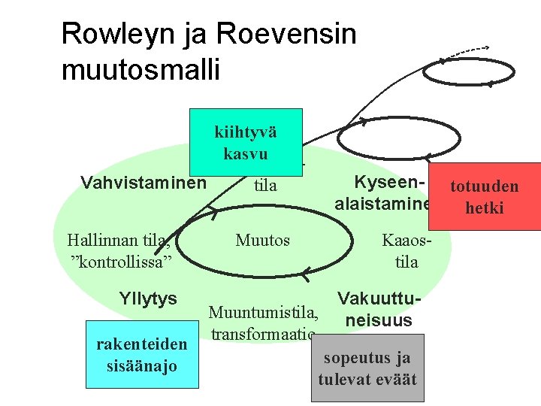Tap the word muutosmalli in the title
141,69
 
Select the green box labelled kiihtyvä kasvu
246,142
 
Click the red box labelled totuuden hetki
492,196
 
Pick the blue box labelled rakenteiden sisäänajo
142,354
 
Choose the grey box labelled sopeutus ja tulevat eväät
367,368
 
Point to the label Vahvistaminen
143,183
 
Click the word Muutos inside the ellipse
262,241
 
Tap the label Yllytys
148,298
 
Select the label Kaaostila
406,251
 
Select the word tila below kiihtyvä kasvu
265,185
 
